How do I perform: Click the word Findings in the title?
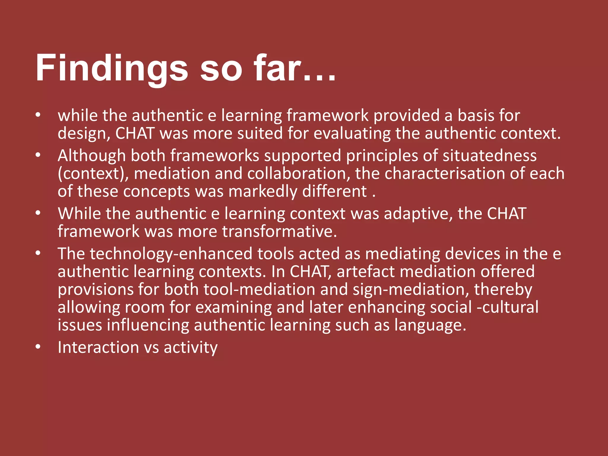(112, 68)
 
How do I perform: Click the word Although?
(92, 156)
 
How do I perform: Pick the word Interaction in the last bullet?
(98, 347)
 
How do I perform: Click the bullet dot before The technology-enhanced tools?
(38, 253)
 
